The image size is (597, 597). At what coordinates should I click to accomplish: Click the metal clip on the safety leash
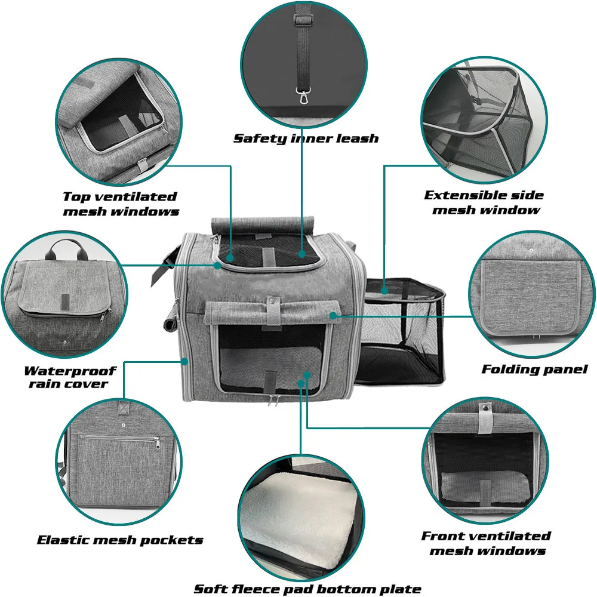click(x=303, y=96)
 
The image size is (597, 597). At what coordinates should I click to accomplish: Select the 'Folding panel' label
click(x=534, y=370)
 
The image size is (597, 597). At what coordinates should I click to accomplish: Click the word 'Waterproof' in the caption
click(x=70, y=371)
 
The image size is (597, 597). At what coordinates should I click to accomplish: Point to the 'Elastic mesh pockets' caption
click(x=120, y=540)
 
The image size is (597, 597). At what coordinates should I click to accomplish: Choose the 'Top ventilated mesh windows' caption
click(x=121, y=204)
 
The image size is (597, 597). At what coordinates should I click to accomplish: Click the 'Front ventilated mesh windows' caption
click(x=486, y=543)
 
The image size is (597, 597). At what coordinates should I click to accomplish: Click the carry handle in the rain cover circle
click(x=66, y=247)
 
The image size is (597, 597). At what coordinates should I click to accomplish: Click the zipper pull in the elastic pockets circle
click(x=158, y=443)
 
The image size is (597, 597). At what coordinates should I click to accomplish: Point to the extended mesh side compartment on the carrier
click(x=401, y=331)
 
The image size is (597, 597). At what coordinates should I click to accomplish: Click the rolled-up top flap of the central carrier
click(x=262, y=224)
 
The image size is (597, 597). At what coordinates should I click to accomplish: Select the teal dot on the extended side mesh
click(x=384, y=291)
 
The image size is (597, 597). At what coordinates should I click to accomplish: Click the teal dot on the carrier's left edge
click(x=184, y=361)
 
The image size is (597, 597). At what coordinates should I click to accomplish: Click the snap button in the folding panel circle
click(x=531, y=250)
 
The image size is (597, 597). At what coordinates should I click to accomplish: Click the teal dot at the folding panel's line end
click(x=333, y=316)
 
